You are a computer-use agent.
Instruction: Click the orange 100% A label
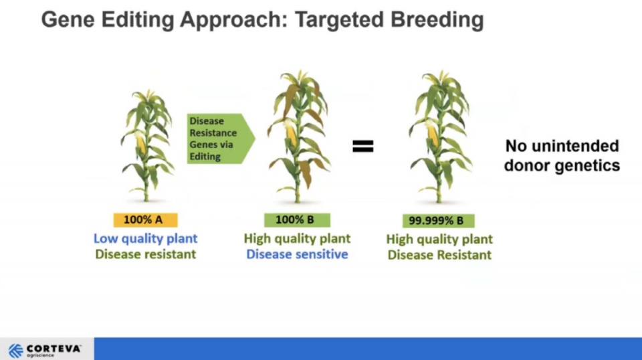(x=145, y=220)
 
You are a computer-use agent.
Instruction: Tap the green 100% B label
(x=297, y=220)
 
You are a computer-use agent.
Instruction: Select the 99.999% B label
(x=439, y=221)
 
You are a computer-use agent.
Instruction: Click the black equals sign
(x=363, y=147)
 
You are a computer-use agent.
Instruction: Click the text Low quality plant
(x=145, y=238)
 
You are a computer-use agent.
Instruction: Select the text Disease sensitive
(x=297, y=254)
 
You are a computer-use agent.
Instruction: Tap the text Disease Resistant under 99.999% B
(x=439, y=255)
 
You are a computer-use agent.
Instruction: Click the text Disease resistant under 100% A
(x=145, y=254)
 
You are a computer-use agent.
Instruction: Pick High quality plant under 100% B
(x=297, y=238)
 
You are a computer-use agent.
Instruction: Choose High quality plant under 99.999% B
(x=439, y=239)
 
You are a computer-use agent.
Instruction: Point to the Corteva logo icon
(x=16, y=351)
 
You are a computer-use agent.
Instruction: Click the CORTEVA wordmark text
(x=53, y=349)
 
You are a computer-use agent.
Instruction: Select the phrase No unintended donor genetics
(x=562, y=156)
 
